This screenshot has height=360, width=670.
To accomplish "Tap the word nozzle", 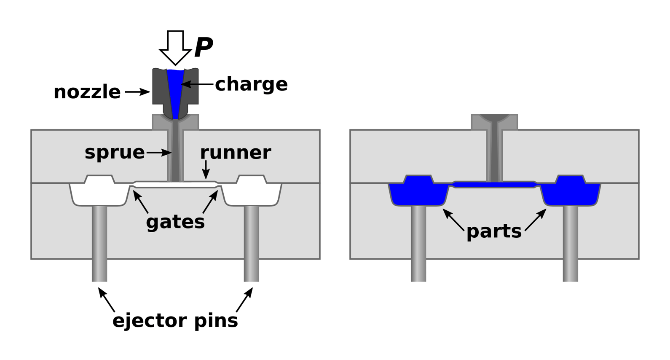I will [87, 92].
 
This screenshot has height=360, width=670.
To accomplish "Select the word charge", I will [251, 84].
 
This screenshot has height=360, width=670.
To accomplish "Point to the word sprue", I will [115, 152].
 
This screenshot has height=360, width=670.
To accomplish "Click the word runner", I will [236, 152].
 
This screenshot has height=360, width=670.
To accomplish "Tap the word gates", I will [175, 222].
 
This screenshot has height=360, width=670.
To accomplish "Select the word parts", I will [494, 231].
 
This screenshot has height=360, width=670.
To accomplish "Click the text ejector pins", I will [175, 320].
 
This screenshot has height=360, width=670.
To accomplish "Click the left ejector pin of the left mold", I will [99, 244].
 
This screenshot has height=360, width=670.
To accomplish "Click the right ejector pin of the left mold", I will [251, 244].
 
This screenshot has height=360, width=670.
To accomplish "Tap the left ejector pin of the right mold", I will [418, 244].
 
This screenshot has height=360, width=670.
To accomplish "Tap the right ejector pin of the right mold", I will [571, 244].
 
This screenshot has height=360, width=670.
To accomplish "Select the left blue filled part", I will [418, 192].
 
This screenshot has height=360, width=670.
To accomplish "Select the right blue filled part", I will [571, 192].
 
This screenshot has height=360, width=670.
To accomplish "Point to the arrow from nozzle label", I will [137, 92].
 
